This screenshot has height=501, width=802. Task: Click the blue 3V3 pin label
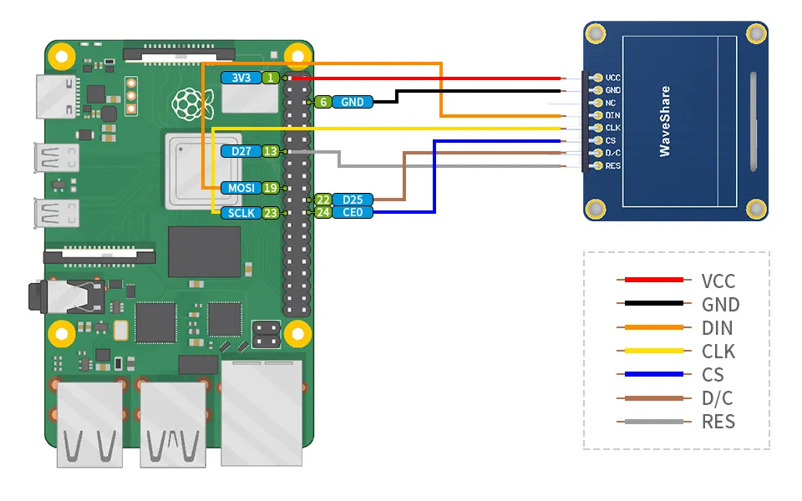(241, 78)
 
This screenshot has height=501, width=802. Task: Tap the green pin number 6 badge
(322, 102)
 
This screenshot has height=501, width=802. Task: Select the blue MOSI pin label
(241, 188)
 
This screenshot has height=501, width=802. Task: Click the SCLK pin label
(241, 213)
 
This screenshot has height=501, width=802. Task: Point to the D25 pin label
(353, 200)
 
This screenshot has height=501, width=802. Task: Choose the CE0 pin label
(353, 212)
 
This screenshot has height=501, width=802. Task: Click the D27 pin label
(241, 151)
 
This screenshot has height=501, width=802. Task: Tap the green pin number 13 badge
(271, 151)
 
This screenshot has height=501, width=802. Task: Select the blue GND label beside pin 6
(353, 102)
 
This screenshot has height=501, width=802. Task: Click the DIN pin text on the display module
(612, 115)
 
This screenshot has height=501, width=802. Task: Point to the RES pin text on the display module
(612, 165)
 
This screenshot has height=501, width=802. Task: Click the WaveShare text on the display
(664, 121)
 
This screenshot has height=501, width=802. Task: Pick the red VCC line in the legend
(653, 280)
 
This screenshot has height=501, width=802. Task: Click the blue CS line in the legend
(653, 374)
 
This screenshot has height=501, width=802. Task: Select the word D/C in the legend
(717, 398)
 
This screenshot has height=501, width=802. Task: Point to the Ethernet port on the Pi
(261, 413)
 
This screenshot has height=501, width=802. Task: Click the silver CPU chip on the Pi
(204, 170)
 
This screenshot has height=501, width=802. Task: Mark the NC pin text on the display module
(611, 103)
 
